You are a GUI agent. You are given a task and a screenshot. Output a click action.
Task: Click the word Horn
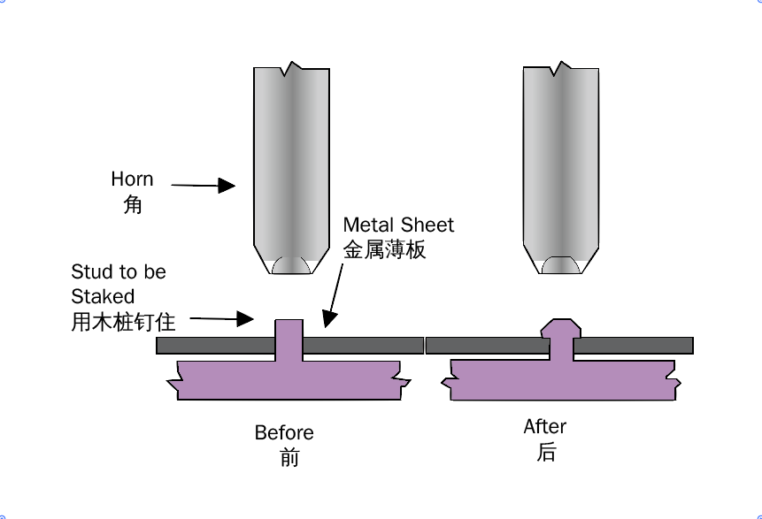(132, 179)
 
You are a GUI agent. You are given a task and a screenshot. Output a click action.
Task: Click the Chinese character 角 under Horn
(132, 206)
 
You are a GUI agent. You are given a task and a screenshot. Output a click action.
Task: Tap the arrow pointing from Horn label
(203, 186)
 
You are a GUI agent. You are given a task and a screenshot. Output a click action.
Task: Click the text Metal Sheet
(398, 225)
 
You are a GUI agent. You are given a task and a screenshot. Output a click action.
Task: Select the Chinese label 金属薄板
(384, 249)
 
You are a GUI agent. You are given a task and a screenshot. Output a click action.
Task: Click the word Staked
(103, 296)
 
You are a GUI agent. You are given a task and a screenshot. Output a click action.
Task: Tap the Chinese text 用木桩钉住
(123, 322)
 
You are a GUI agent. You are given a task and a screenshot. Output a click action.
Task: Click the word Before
(284, 433)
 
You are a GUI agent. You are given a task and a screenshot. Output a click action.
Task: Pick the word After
(544, 427)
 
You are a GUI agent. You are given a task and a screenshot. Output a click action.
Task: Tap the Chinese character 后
(546, 453)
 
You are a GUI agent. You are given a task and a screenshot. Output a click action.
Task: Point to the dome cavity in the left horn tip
(290, 265)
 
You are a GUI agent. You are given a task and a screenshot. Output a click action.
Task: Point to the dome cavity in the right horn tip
(560, 265)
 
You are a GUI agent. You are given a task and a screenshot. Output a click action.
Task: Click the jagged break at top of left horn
(291, 67)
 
